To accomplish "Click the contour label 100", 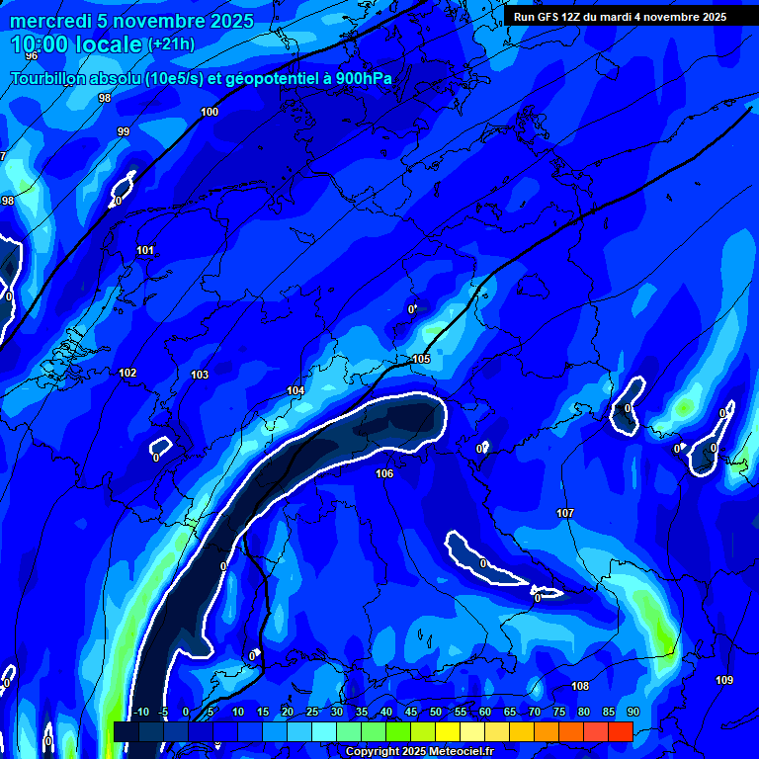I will [210, 112].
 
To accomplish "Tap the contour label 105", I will [421, 359].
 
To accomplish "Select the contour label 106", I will [384, 474].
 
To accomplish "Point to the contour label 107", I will [565, 513].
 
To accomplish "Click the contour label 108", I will [580, 686].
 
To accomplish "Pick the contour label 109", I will [724, 680].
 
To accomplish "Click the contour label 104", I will [295, 391].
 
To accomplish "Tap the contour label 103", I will [200, 375].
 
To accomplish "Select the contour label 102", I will [127, 373].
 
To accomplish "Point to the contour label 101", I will [145, 250].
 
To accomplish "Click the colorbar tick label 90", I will [632, 713].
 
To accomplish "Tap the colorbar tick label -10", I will [140, 713].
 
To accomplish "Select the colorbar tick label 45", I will [410, 713].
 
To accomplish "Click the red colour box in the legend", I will [620, 731].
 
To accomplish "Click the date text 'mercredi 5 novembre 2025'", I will [131, 21].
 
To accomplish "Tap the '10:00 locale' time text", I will [77, 44].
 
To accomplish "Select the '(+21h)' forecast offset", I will [171, 44].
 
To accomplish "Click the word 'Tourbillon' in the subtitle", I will [48, 79].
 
